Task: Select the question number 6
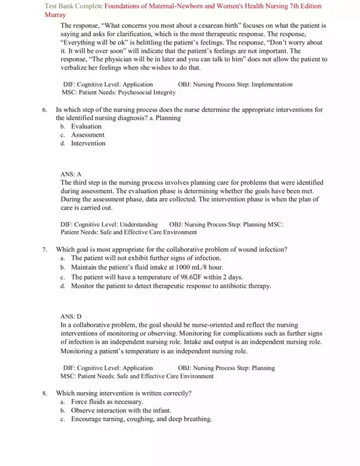pyautogui.click(x=45, y=110)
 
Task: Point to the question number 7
pyautogui.click(x=45, y=249)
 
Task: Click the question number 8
pyautogui.click(x=45, y=393)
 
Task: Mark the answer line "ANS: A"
pyautogui.click(x=71, y=174)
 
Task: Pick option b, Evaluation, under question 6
pyautogui.click(x=86, y=127)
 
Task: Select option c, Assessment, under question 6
pyautogui.click(x=88, y=135)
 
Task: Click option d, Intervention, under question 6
pyautogui.click(x=88, y=144)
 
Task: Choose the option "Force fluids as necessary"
pyautogui.click(x=107, y=402)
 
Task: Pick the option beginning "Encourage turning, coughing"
pyautogui.click(x=141, y=419)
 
